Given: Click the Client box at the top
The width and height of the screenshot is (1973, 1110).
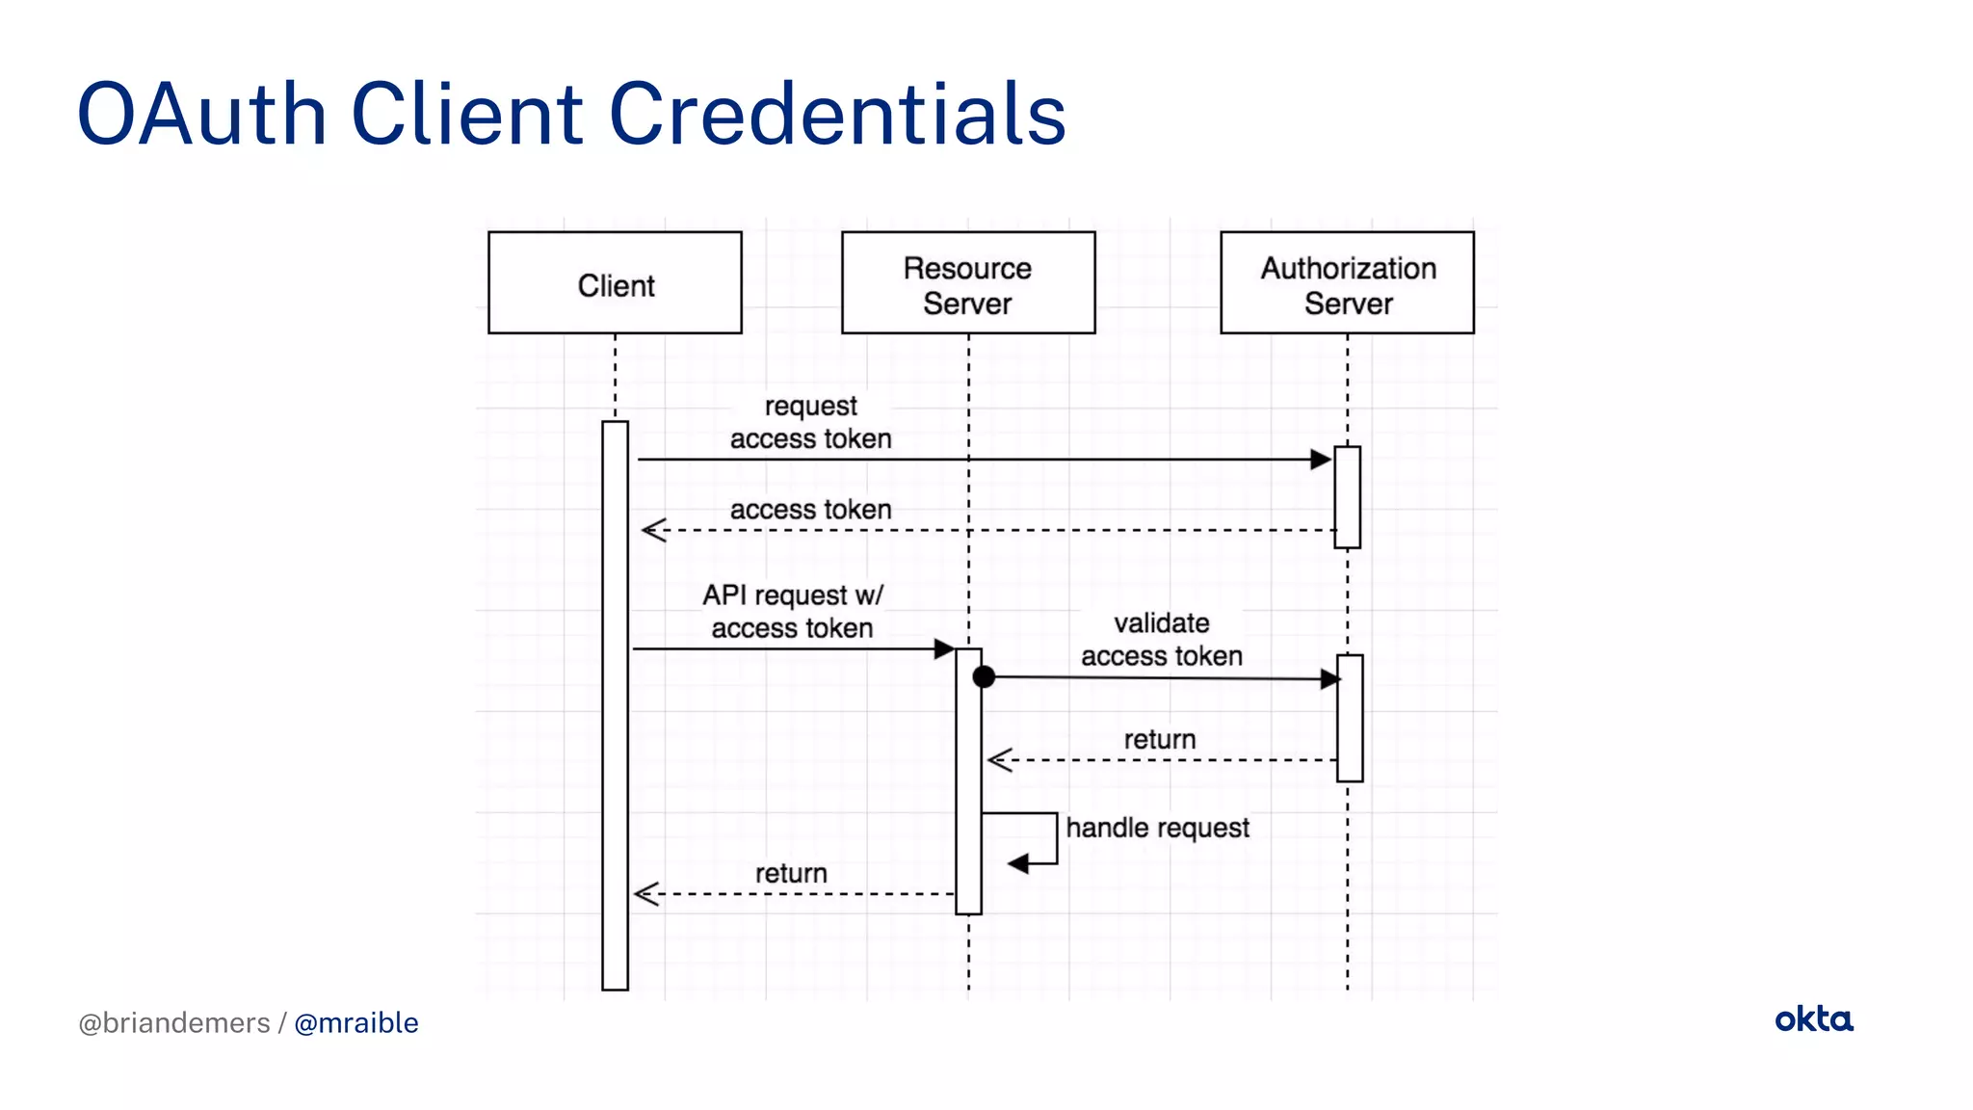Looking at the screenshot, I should [615, 282].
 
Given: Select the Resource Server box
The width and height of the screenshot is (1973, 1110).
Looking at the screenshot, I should [967, 282].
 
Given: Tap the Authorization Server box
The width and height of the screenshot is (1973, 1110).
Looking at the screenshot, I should [1347, 282].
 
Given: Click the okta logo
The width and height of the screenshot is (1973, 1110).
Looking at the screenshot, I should [1813, 1019].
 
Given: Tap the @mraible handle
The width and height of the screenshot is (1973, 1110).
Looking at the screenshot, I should [355, 1022].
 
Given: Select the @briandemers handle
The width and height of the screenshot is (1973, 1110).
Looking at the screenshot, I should [174, 1022].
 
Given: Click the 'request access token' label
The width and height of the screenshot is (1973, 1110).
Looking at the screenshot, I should [810, 422].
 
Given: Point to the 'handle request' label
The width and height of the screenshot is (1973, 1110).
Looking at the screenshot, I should [1157, 828].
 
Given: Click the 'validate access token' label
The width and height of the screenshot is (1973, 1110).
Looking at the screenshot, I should [1161, 639].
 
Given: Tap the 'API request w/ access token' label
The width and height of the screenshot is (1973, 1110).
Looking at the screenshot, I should [792, 611].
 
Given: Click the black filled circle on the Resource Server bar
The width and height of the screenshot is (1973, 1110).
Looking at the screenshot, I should [984, 677].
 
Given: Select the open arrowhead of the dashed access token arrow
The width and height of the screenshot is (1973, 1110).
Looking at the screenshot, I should [654, 530].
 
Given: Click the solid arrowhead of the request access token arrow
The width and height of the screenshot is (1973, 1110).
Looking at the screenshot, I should [1321, 460].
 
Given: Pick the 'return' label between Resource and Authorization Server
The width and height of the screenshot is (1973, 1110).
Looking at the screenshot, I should [1159, 739].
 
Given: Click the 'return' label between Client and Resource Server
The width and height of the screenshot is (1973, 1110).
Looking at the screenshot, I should [791, 873].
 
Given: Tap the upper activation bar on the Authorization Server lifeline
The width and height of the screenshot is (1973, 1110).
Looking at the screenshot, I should [1347, 497].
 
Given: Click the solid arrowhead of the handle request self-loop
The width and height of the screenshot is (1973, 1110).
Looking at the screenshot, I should [1018, 863].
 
